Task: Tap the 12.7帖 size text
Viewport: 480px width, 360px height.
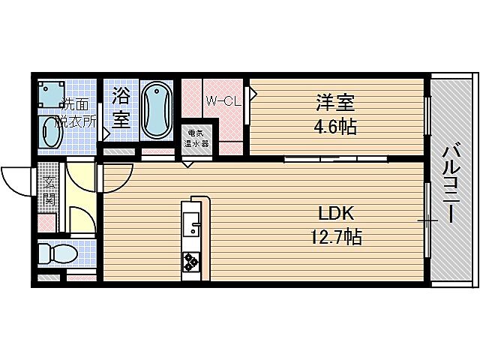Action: click(x=336, y=238)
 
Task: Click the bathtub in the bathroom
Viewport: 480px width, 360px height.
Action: click(x=157, y=109)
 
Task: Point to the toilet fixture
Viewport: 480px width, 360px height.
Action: click(x=56, y=253)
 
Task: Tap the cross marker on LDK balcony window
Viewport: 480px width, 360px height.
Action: click(x=427, y=220)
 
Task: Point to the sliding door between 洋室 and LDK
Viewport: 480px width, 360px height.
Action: click(x=336, y=159)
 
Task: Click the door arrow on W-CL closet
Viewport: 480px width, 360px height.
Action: click(x=253, y=94)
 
